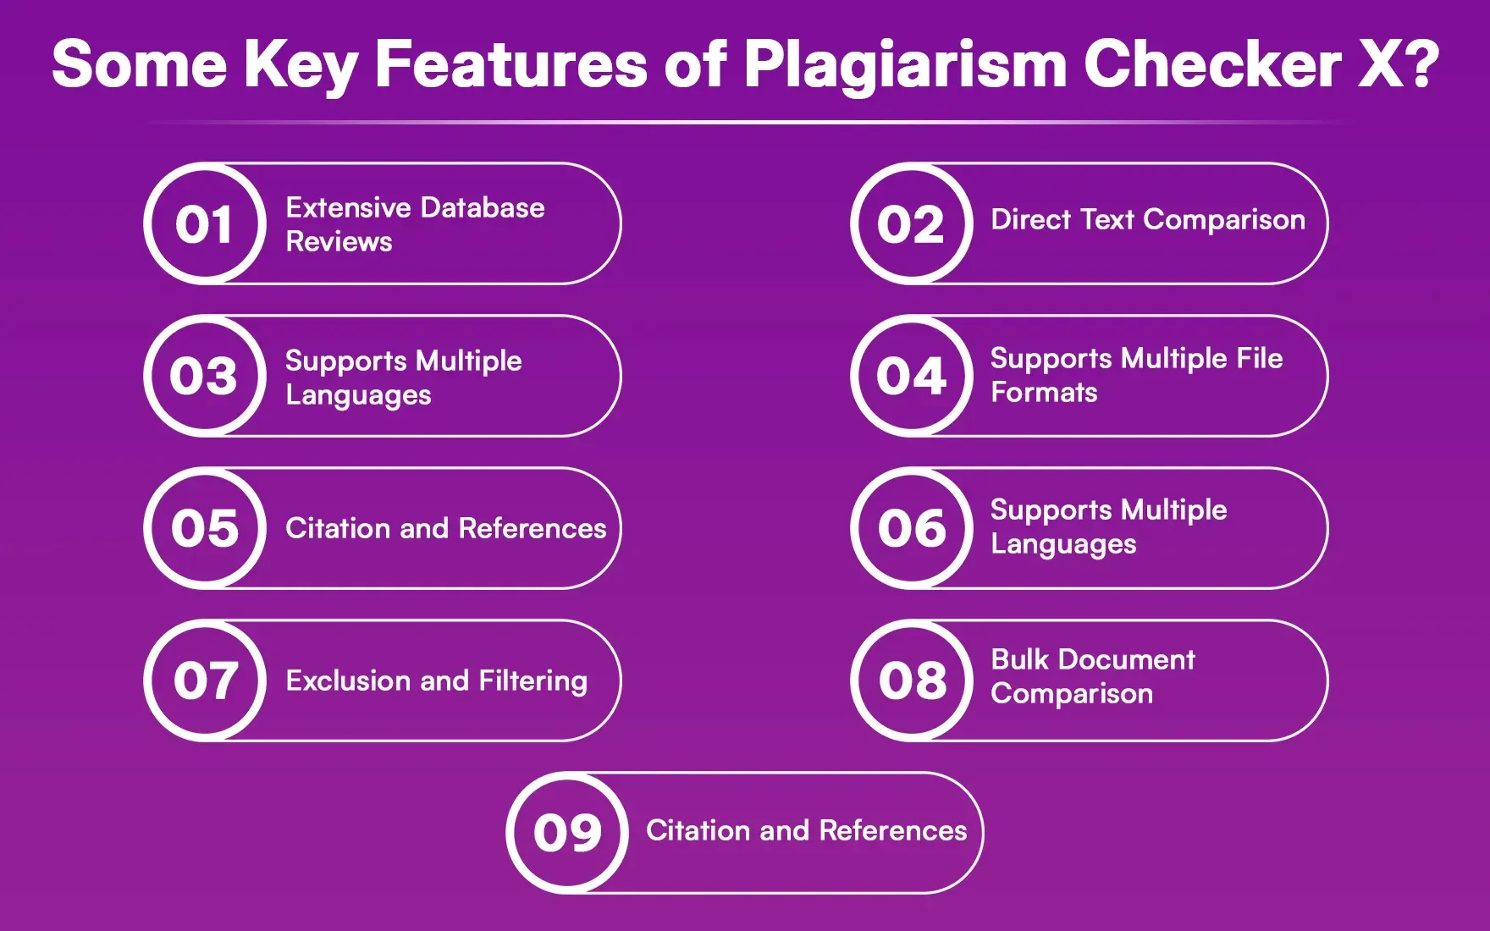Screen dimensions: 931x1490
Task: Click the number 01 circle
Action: pos(205,223)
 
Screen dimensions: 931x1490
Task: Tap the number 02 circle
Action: pos(912,223)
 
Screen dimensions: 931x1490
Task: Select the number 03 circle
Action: pos(205,376)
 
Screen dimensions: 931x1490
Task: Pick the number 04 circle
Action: pos(912,376)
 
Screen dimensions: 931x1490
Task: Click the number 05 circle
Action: pos(205,528)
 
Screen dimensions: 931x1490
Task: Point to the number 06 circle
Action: pos(912,528)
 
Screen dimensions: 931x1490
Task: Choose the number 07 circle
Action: pos(205,680)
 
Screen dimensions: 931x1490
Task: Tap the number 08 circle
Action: pos(912,680)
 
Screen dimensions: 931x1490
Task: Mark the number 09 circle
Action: pos(567,833)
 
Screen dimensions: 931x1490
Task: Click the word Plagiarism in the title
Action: pos(905,64)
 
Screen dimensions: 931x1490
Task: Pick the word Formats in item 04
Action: pos(1044,393)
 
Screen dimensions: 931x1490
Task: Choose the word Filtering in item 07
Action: pos(533,681)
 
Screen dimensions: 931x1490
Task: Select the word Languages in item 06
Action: pos(1063,545)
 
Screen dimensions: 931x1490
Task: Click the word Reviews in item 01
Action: pos(339,242)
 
